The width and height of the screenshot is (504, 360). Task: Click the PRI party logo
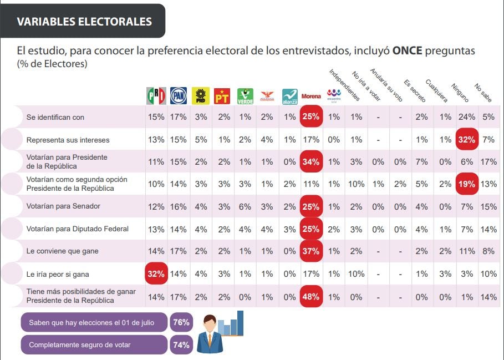[x=156, y=96]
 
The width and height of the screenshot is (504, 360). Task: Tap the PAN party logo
[x=178, y=96]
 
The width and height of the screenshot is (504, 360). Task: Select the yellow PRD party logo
[x=200, y=96]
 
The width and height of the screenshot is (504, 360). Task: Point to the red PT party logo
[x=222, y=96]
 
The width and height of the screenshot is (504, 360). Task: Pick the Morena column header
[x=310, y=96]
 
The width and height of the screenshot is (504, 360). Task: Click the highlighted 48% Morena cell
[x=310, y=296]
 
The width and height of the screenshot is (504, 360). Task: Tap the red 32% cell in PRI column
[x=156, y=273]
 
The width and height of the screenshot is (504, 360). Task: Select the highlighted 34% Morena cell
[x=310, y=161]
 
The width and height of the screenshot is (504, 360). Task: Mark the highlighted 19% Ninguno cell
[x=466, y=184]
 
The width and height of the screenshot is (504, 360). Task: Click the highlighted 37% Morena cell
[x=310, y=251]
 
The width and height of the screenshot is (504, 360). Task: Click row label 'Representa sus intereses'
[x=68, y=140]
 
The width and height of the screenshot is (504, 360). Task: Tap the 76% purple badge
[x=181, y=322]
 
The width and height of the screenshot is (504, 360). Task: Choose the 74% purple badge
[x=181, y=344]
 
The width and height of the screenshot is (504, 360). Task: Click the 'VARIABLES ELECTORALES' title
[x=84, y=22]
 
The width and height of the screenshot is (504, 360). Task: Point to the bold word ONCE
[x=408, y=51]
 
